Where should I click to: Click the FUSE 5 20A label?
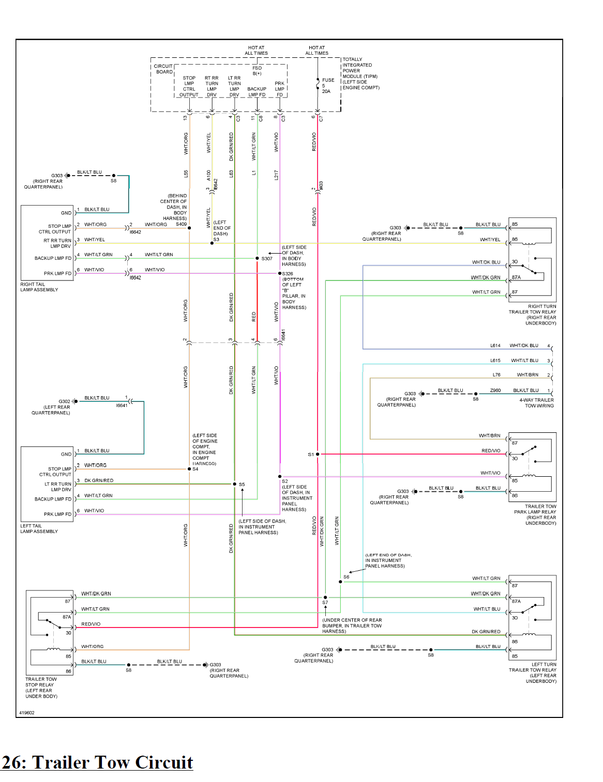[327, 86]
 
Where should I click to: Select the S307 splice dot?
[257, 258]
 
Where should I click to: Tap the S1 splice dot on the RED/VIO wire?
[318, 454]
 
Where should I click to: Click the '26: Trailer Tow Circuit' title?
[97, 762]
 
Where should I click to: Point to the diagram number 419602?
[27, 713]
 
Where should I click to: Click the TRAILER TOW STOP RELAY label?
[41, 687]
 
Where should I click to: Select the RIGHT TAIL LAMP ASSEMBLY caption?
[39, 287]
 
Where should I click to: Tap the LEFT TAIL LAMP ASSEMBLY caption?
[39, 528]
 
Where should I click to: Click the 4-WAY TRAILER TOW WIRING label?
[536, 403]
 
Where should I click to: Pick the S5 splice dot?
[234, 484]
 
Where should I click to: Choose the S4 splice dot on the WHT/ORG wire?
[189, 469]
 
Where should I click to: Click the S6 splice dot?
[340, 582]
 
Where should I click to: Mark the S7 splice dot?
[325, 597]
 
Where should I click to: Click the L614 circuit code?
[495, 346]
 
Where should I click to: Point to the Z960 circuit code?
[495, 390]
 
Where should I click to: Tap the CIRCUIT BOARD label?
[164, 69]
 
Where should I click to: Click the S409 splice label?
[181, 224]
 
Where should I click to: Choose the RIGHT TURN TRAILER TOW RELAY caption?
[532, 315]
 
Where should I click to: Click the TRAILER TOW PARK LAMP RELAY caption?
[535, 514]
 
